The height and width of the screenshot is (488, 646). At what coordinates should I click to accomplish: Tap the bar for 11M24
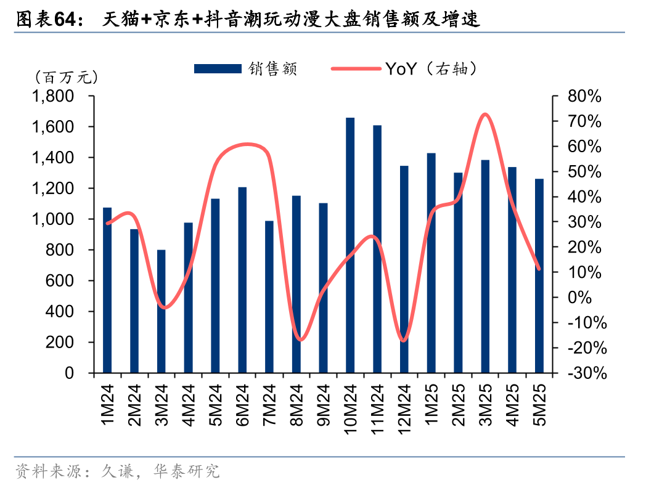coord(377,249)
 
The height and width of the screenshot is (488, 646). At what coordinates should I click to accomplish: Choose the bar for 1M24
coord(107,290)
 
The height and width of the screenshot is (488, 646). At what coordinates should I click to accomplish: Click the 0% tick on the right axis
coord(579,298)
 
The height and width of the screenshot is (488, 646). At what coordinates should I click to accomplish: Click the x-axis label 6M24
coord(242,404)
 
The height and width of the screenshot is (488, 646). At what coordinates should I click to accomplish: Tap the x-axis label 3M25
coord(486,404)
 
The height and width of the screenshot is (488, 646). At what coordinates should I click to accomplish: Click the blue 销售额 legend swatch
coord(217,68)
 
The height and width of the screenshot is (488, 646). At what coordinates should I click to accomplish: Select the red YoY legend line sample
coord(356,68)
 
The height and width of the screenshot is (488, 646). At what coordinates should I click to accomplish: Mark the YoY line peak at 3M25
coord(485,114)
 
